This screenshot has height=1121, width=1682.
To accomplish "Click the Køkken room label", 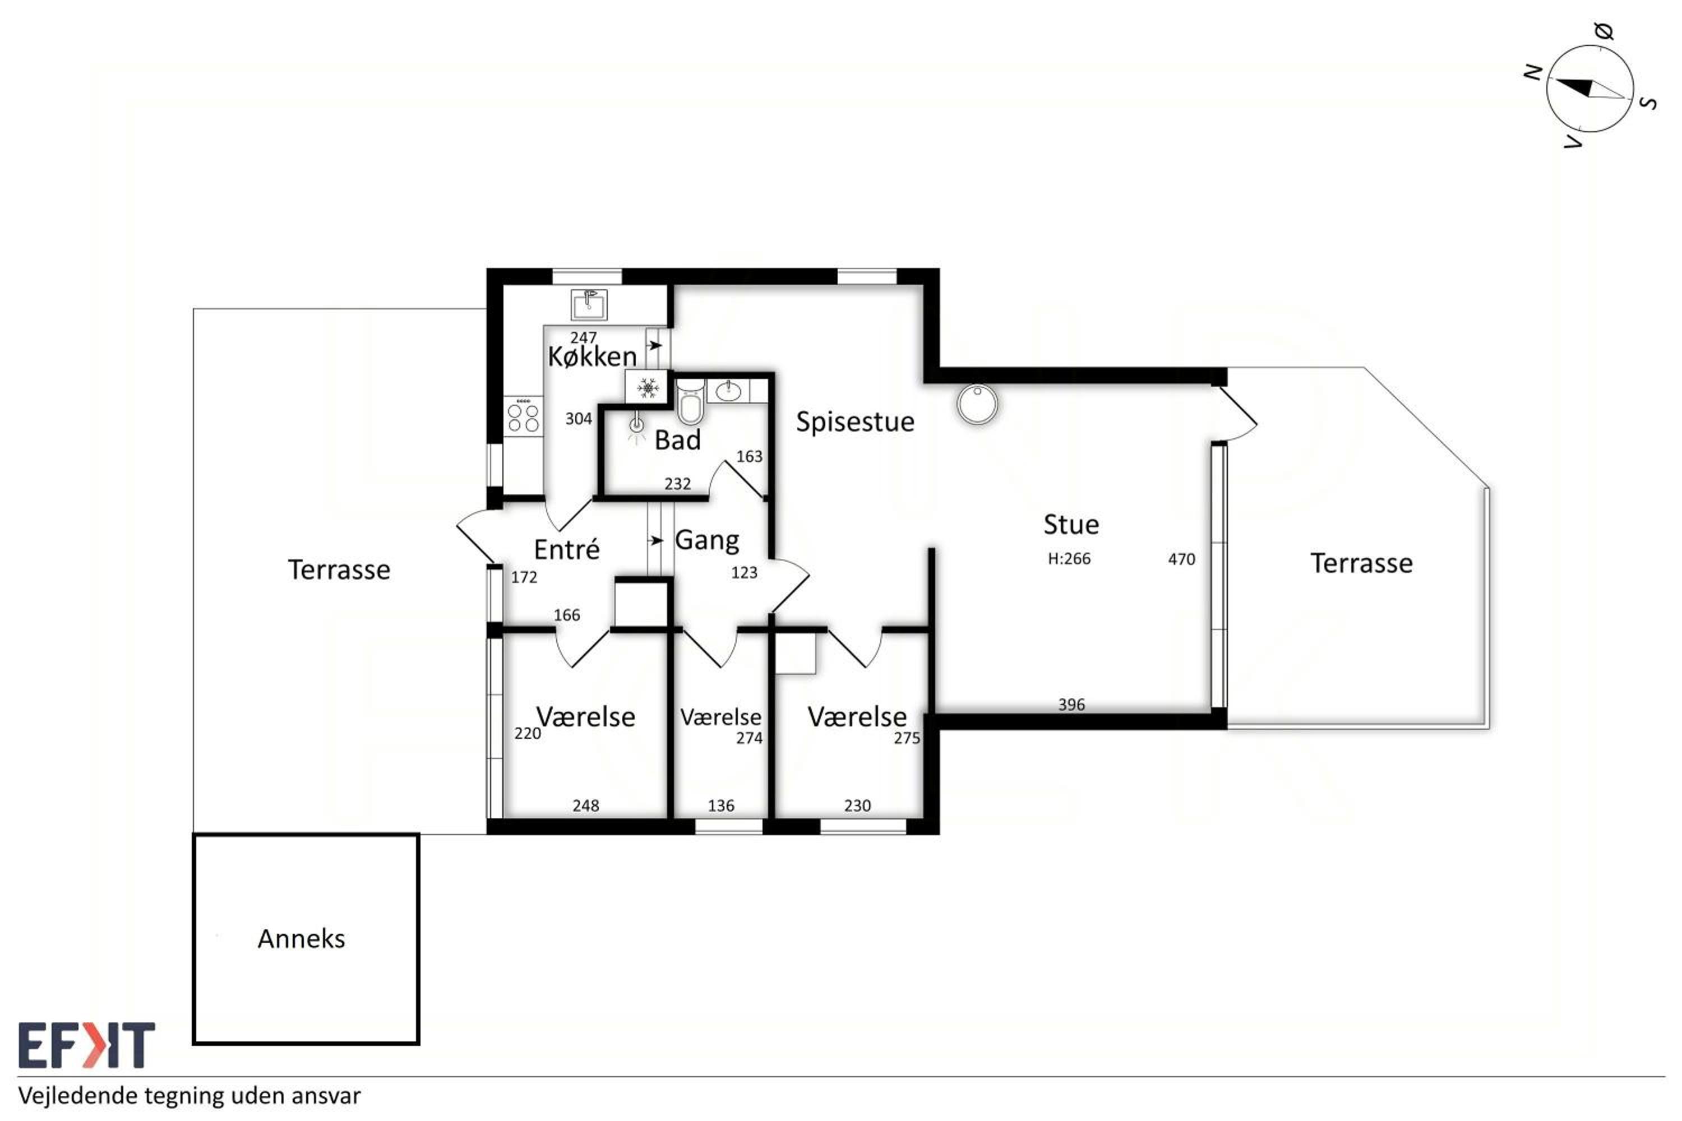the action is pyautogui.click(x=592, y=356).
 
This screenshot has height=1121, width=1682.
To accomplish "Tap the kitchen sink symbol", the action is pyautogui.click(x=589, y=304).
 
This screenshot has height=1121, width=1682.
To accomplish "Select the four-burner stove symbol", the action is pyautogui.click(x=523, y=416).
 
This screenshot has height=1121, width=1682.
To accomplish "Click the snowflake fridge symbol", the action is pyautogui.click(x=647, y=387).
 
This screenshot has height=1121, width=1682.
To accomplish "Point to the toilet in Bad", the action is pyautogui.click(x=691, y=402).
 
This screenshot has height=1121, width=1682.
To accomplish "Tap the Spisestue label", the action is pyautogui.click(x=856, y=422).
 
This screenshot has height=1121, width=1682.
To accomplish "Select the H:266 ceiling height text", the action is pyautogui.click(x=1069, y=558).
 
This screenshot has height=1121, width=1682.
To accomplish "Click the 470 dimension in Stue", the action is pyautogui.click(x=1181, y=559).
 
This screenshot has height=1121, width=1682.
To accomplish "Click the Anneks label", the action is pyautogui.click(x=301, y=939).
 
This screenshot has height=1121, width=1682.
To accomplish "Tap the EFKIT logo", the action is pyautogui.click(x=86, y=1045).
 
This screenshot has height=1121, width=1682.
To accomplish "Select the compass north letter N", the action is pyautogui.click(x=1532, y=72).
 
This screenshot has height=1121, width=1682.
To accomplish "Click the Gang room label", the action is pyautogui.click(x=706, y=540).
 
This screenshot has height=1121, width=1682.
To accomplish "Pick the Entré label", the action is pyautogui.click(x=566, y=549).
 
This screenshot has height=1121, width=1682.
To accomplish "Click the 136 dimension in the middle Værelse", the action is pyautogui.click(x=721, y=806).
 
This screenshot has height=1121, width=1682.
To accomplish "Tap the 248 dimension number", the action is pyautogui.click(x=586, y=806).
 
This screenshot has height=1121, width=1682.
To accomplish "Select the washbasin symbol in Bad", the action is pyautogui.click(x=728, y=391).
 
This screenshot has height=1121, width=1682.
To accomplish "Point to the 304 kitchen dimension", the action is pyautogui.click(x=579, y=418).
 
